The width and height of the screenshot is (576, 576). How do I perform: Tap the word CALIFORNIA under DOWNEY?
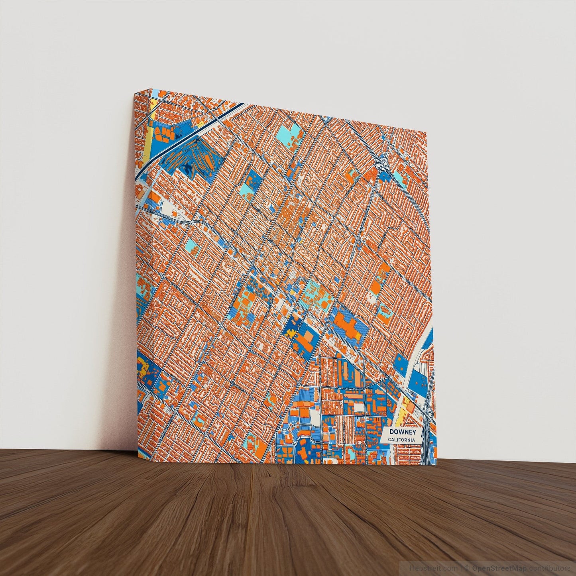click(401, 440)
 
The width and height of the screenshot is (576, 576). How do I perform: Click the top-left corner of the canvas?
click(135, 93)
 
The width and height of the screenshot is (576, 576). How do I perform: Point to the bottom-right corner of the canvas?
click(437, 466)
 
